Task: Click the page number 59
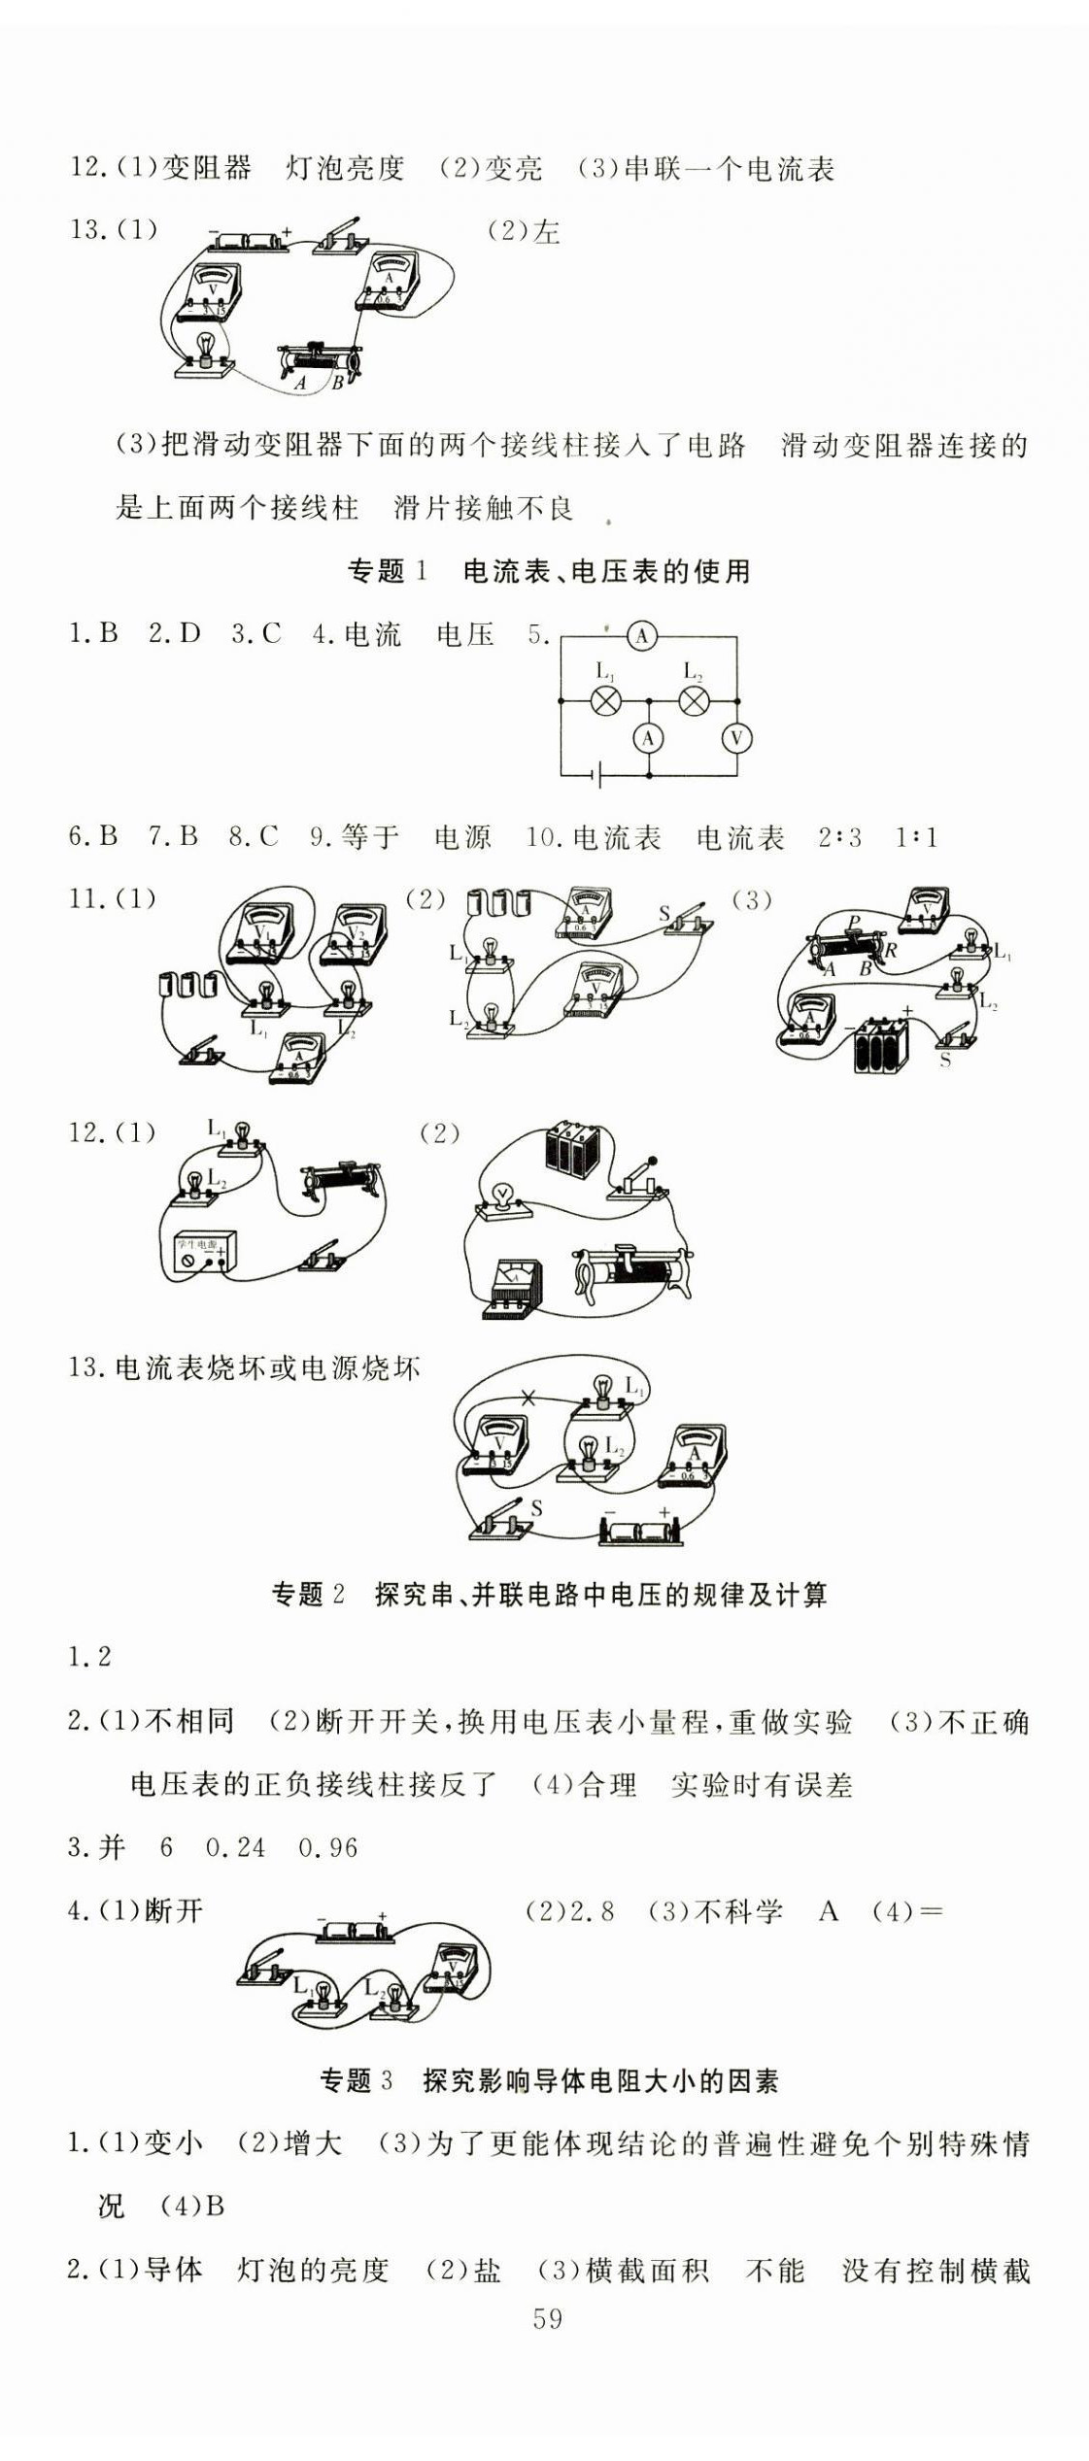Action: click(x=547, y=2318)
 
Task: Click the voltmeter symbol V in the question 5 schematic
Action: click(x=736, y=738)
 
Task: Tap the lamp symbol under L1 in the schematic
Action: click(x=606, y=700)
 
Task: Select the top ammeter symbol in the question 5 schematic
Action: click(x=641, y=636)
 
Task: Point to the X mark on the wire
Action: click(x=528, y=1399)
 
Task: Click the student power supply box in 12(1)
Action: click(x=198, y=1252)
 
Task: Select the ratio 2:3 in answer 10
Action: click(x=839, y=837)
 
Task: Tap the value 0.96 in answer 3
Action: click(x=328, y=1847)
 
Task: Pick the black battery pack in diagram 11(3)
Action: click(x=880, y=1044)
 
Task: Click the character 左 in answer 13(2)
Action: click(x=546, y=232)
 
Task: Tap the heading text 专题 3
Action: click(x=356, y=2080)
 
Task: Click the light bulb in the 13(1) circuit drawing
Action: click(x=206, y=351)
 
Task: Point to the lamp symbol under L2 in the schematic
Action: click(x=694, y=700)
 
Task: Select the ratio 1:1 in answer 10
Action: click(x=916, y=837)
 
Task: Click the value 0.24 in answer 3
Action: click(x=235, y=1847)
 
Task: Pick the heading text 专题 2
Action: click(x=308, y=1594)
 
